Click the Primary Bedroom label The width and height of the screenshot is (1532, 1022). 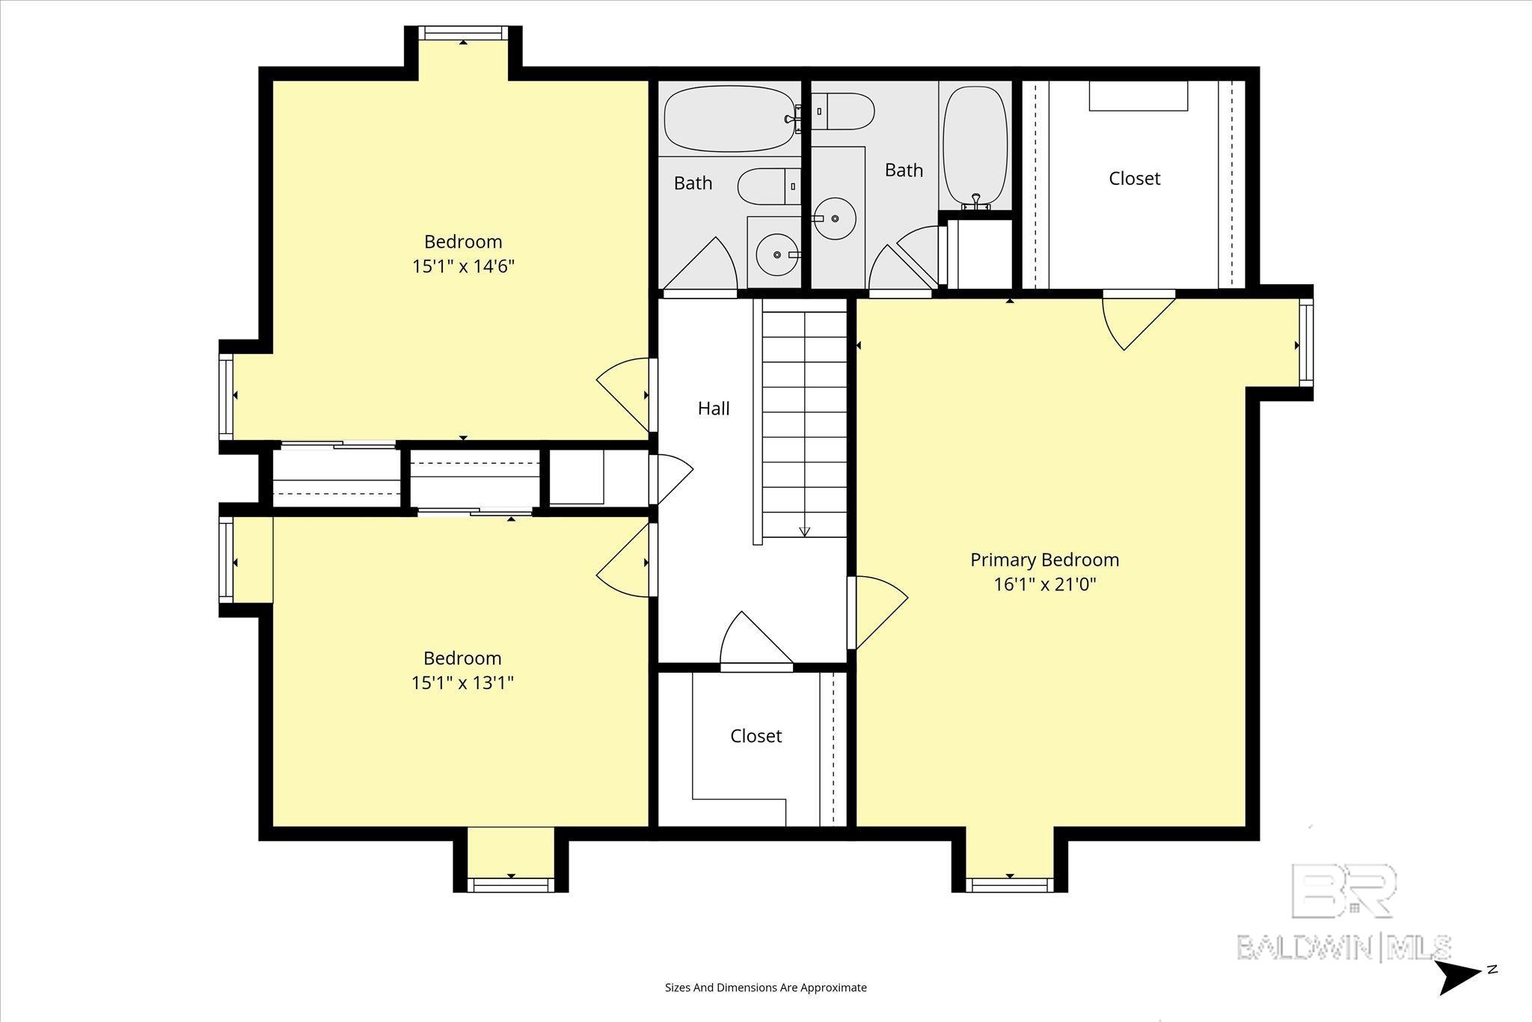coord(1044,560)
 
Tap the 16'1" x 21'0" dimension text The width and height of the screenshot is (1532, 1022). coord(1044,584)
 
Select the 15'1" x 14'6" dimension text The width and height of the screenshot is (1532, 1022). coord(463,266)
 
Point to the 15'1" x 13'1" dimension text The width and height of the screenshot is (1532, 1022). coord(462,683)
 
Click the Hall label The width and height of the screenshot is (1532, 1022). coord(714,409)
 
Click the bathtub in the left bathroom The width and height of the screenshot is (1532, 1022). coord(729,119)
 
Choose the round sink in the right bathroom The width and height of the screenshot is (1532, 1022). coord(835,219)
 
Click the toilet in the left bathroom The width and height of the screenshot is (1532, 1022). coord(769,186)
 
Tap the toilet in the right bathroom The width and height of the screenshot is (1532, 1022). coord(842,111)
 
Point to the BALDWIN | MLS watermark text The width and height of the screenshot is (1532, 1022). coord(1343,946)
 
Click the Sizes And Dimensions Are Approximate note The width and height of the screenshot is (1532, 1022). coord(766,988)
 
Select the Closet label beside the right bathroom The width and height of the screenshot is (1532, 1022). coord(1134,179)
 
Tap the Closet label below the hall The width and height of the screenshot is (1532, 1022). coord(756,736)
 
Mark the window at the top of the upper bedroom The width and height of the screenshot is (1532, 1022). coord(463,33)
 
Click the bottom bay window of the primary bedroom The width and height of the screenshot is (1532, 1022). coord(1010,885)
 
